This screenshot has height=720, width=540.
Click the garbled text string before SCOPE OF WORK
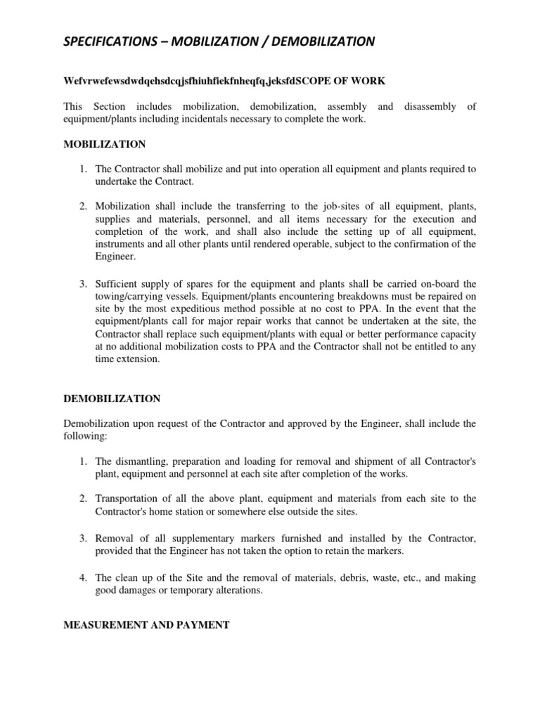click(x=176, y=81)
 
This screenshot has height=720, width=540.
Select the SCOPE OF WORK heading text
click(x=337, y=81)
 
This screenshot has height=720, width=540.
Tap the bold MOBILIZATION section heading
click(x=105, y=144)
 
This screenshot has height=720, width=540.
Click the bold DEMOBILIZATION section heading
click(x=112, y=399)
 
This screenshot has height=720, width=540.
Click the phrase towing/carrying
click(x=132, y=296)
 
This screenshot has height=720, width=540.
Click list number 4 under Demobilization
click(x=82, y=577)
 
